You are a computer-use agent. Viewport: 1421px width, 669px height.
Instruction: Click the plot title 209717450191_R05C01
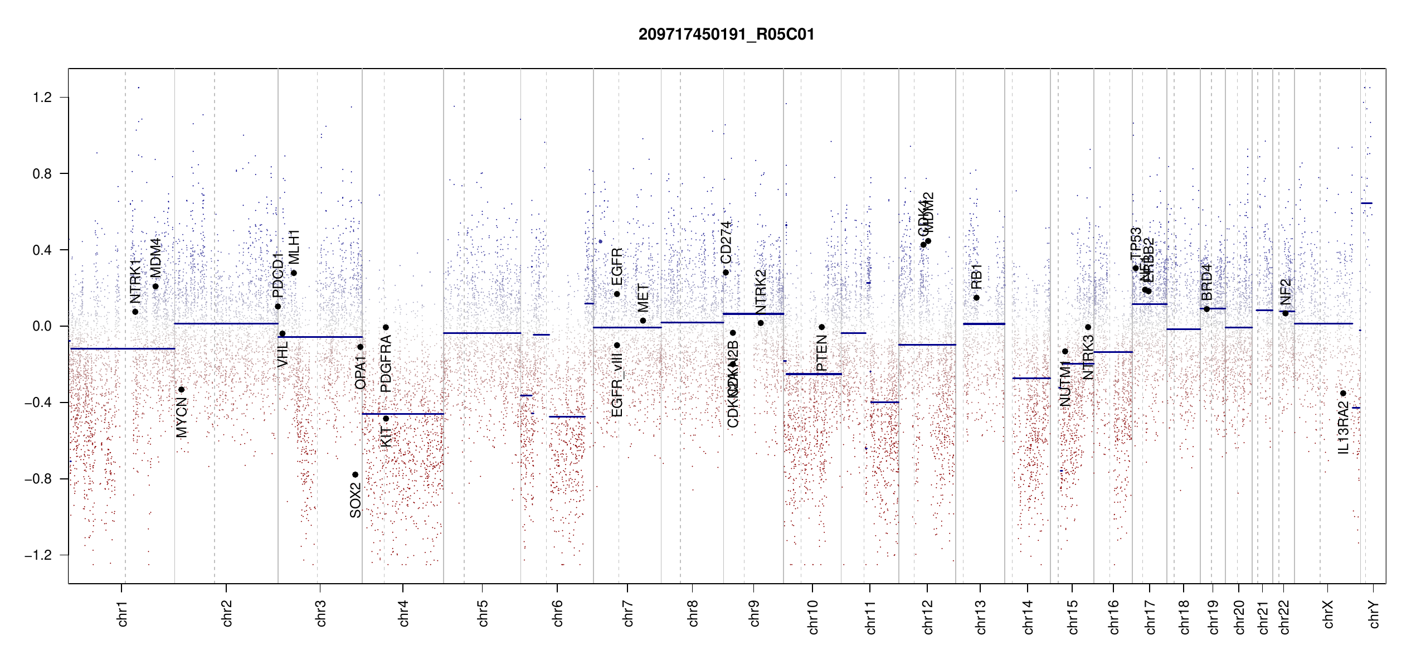coord(726,35)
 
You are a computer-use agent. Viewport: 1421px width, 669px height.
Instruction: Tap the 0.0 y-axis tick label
coord(42,326)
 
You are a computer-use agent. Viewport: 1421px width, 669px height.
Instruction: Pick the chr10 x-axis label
coord(813,617)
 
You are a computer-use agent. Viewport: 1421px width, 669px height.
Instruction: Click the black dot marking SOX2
coord(355,475)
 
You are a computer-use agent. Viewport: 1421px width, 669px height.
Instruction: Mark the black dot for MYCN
coord(181,390)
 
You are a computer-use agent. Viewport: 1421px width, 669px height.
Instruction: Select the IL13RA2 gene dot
coord(1343,394)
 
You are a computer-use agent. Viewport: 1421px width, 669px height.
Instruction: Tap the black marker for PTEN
coord(821,327)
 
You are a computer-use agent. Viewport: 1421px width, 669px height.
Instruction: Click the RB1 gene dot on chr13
coord(976,298)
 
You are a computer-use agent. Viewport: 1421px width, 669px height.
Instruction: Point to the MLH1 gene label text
coord(294,247)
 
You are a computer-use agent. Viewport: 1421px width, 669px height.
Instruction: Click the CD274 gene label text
coord(726,243)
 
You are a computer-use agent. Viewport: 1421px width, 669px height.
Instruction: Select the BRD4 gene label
coord(1206,282)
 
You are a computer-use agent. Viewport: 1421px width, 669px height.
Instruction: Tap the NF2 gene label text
coord(1285,292)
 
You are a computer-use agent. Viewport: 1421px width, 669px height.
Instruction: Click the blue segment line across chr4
coord(403,414)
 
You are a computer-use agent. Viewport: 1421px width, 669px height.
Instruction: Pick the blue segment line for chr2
coord(226,323)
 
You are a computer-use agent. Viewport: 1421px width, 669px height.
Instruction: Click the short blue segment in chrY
coord(1366,203)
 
